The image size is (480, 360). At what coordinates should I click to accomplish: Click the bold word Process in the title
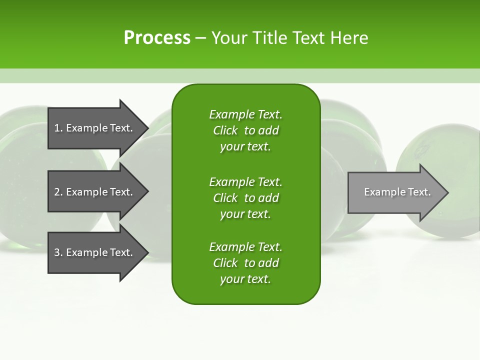[x=157, y=38]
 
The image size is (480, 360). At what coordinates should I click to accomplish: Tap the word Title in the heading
[x=268, y=38]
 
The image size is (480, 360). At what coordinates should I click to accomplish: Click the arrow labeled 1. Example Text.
[x=95, y=128]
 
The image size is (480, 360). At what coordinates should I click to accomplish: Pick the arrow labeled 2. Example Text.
[x=95, y=192]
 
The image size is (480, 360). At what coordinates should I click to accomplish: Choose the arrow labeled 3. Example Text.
[x=95, y=252]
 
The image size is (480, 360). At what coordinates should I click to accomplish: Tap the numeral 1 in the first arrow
[x=57, y=128]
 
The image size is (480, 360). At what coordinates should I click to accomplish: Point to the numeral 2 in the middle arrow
[x=57, y=192]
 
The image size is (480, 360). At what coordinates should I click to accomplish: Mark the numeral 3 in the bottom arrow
[x=57, y=252]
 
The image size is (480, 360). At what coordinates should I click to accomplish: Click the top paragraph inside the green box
[x=245, y=130]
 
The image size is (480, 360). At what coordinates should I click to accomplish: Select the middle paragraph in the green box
[x=245, y=197]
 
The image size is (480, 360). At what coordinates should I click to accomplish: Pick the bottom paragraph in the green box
[x=245, y=263]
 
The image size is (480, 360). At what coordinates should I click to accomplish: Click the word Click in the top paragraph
[x=225, y=130]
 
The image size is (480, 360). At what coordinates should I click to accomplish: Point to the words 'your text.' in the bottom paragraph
[x=245, y=279]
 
